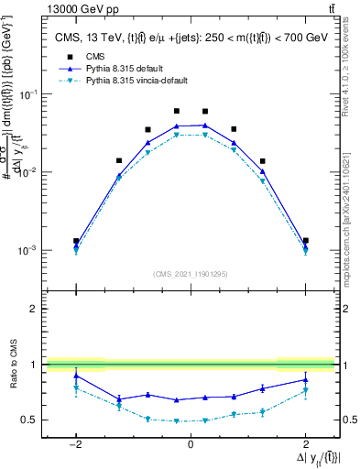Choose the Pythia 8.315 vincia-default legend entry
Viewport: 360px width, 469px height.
point(117,81)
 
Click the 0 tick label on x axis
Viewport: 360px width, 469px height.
point(190,443)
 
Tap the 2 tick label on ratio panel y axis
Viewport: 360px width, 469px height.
point(30,310)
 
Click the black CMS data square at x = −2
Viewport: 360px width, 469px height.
point(76,241)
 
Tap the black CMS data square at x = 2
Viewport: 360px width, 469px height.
point(305,241)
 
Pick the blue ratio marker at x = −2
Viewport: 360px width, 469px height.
point(76,376)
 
